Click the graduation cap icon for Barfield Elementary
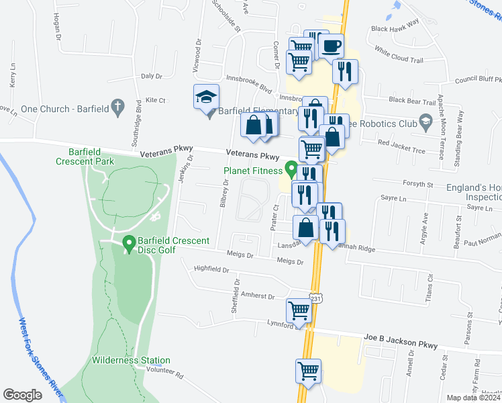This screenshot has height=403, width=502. pos(206,97)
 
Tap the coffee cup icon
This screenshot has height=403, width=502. pos(331,46)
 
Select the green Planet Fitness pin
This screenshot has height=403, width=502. pos(291,168)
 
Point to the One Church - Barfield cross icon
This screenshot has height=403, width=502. pos(117,105)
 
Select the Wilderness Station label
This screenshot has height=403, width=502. pos(131,361)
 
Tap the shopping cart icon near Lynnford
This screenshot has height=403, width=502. pos(299,310)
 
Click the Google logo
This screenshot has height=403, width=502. pos(22,394)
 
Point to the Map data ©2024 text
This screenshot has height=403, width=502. pos(474,398)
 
